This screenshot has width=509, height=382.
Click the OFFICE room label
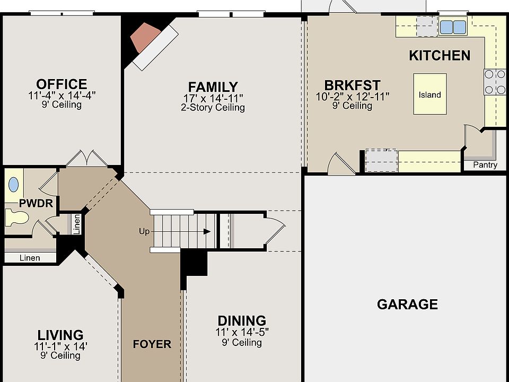click(62, 84)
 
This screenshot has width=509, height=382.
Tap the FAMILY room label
click(213, 86)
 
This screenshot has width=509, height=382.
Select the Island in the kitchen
click(429, 94)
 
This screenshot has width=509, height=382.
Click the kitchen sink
click(452, 27)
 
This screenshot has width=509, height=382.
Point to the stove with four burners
click(494, 82)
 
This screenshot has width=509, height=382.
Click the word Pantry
click(485, 165)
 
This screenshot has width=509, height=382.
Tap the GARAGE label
click(407, 304)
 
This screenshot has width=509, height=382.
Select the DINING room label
click(242, 320)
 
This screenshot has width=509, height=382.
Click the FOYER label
click(152, 344)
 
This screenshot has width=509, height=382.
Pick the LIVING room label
click(60, 335)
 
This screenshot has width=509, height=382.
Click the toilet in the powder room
click(16, 218)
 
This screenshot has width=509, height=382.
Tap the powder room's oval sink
click(13, 185)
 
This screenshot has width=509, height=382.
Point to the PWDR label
click(30, 203)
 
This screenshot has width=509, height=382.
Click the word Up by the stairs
click(144, 231)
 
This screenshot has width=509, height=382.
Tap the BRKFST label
click(352, 85)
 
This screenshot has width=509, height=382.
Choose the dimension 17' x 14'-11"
click(213, 98)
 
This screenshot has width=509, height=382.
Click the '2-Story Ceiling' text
click(213, 108)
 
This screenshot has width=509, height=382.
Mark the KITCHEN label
click(439, 55)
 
